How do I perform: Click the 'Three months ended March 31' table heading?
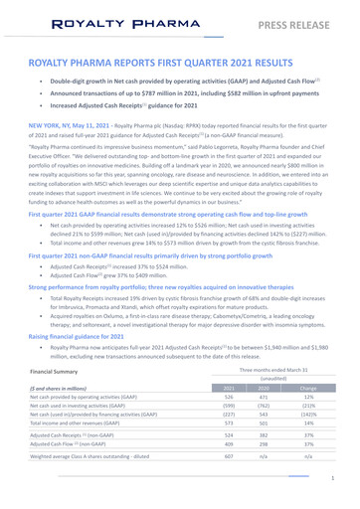click(x=267, y=368)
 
